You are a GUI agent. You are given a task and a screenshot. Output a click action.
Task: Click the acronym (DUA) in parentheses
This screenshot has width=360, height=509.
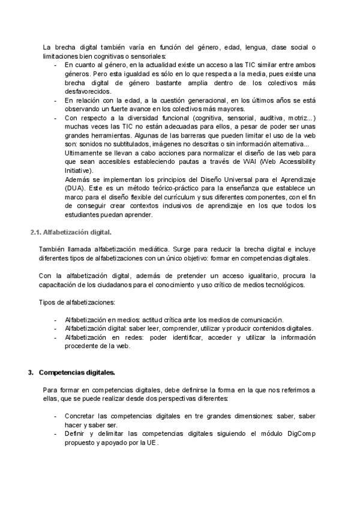pyautogui.click(x=74, y=188)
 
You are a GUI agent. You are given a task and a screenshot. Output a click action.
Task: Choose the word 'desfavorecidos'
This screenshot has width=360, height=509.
pyautogui.click(x=88, y=91)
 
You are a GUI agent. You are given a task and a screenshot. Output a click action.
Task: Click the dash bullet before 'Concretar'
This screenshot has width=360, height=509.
pyautogui.click(x=55, y=416)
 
